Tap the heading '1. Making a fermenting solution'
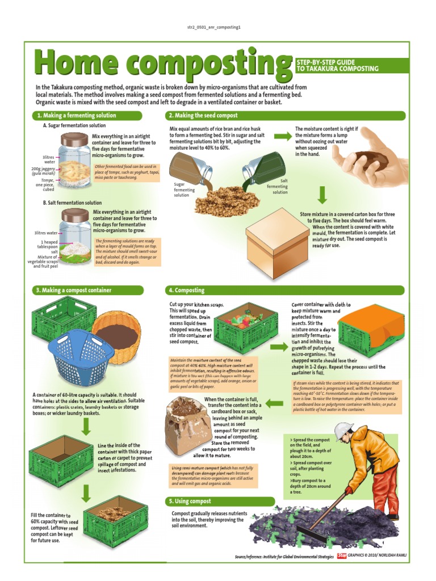pos(77,115)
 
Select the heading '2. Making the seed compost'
pos(203,115)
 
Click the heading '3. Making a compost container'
pos(74,290)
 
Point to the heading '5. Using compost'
pos(190,502)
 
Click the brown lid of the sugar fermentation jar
pos(74,140)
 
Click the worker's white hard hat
pos(344,431)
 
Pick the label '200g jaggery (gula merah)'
pos(43,171)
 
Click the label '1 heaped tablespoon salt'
pos(48,247)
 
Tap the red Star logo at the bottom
pos(342,556)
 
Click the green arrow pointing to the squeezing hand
pos(283,136)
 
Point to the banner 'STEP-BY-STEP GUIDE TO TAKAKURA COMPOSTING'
pos(337,66)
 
